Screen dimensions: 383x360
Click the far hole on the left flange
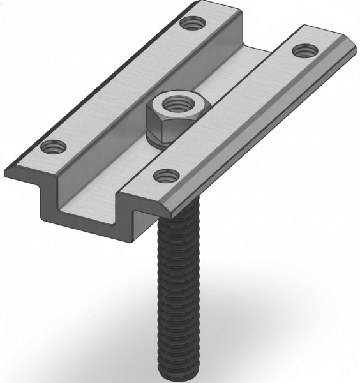pyautogui.click(x=189, y=24)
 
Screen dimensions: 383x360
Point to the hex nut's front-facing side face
pyautogui.click(x=158, y=124)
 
